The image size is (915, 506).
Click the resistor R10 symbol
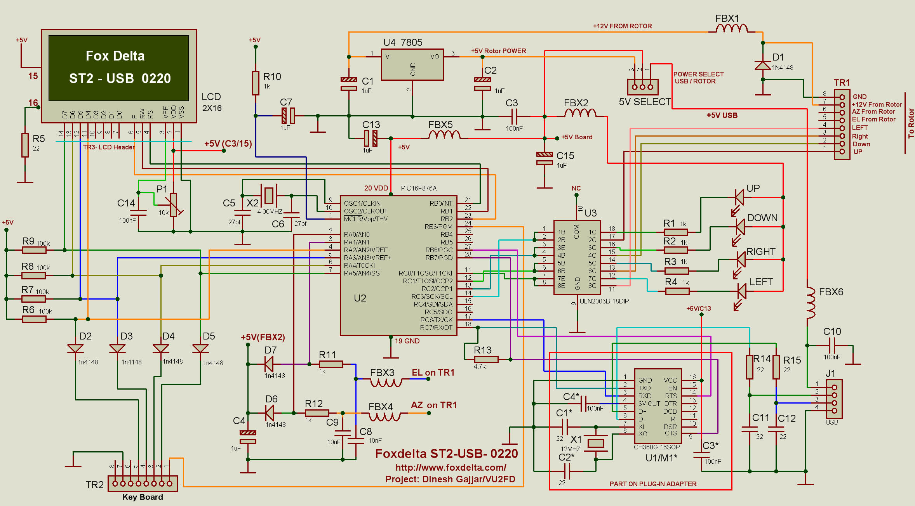coord(256,83)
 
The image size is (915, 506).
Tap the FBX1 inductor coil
coord(731,28)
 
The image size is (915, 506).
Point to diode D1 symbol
coord(763,65)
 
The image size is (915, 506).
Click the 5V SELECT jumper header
coord(643,87)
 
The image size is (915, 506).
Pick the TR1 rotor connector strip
coord(842,124)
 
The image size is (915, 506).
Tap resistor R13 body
coord(486,360)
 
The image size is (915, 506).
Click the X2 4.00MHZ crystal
coord(269,196)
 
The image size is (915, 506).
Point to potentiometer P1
coord(173,205)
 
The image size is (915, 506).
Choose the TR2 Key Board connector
coord(143,483)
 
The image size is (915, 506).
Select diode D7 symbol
coord(269,364)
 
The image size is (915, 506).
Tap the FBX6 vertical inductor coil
coord(811,303)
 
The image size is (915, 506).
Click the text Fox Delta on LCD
coord(115,56)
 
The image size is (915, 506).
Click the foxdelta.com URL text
coord(451,468)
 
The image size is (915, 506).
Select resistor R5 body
coord(25,145)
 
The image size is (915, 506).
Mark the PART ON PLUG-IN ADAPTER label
coord(653,484)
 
